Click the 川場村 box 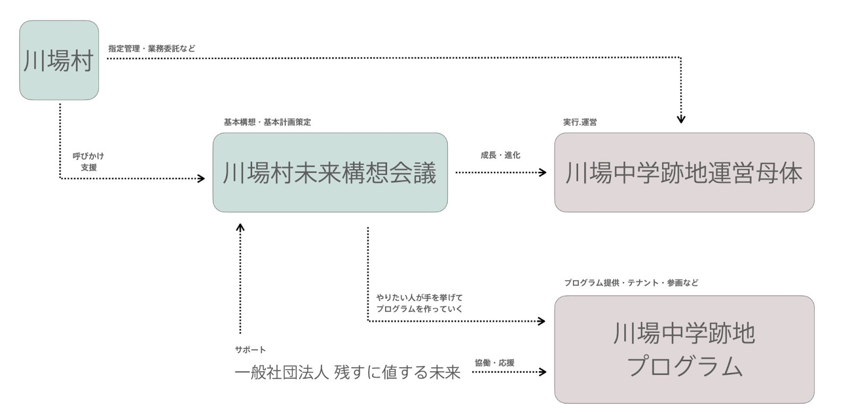point(59,61)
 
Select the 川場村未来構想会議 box point(330,173)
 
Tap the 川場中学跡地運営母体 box point(684,173)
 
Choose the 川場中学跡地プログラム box point(684,349)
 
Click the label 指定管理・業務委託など point(152,48)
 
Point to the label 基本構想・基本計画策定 point(267,122)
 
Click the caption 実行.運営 point(580,122)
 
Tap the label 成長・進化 point(500,155)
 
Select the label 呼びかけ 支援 point(88,162)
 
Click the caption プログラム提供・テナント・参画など point(631,283)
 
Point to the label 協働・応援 point(494,363)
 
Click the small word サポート point(250,350)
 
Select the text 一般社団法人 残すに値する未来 point(347,373)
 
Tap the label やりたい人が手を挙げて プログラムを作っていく point(420,303)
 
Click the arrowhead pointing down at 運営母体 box point(681,120)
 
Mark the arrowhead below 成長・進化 point(542,172)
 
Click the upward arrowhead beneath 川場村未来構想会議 point(240,227)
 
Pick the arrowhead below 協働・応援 point(542,372)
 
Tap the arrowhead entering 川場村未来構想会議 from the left point(201,179)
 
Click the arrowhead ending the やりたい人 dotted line point(542,321)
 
